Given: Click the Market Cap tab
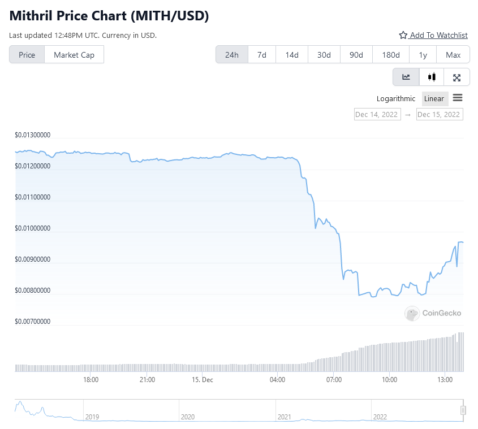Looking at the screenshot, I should point(74,55).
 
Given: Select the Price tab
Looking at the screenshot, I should point(27,55).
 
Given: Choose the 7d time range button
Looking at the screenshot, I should point(262,55).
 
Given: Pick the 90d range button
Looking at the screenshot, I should point(356,55).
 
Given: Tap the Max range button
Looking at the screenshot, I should point(453,55).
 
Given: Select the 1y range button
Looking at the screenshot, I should point(423,55).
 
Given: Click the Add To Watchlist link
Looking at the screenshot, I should point(433,35).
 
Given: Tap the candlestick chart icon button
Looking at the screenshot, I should point(432,77).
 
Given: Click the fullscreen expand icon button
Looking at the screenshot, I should point(457,77).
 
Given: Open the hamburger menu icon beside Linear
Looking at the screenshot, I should point(458,98).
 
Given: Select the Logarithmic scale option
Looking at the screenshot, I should point(396,99).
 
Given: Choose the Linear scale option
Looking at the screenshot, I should point(434,99).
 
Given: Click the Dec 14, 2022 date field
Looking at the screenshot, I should point(377,114).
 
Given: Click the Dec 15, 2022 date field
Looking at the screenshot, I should point(440,114).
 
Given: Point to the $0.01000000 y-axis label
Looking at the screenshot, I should point(33,229).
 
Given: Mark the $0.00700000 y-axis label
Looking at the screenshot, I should point(33,322).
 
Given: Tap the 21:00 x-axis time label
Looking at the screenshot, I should point(147,380).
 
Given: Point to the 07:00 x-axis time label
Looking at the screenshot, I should point(334,380).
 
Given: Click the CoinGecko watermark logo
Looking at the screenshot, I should point(433,313).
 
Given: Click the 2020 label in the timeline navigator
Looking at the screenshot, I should point(187,417).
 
